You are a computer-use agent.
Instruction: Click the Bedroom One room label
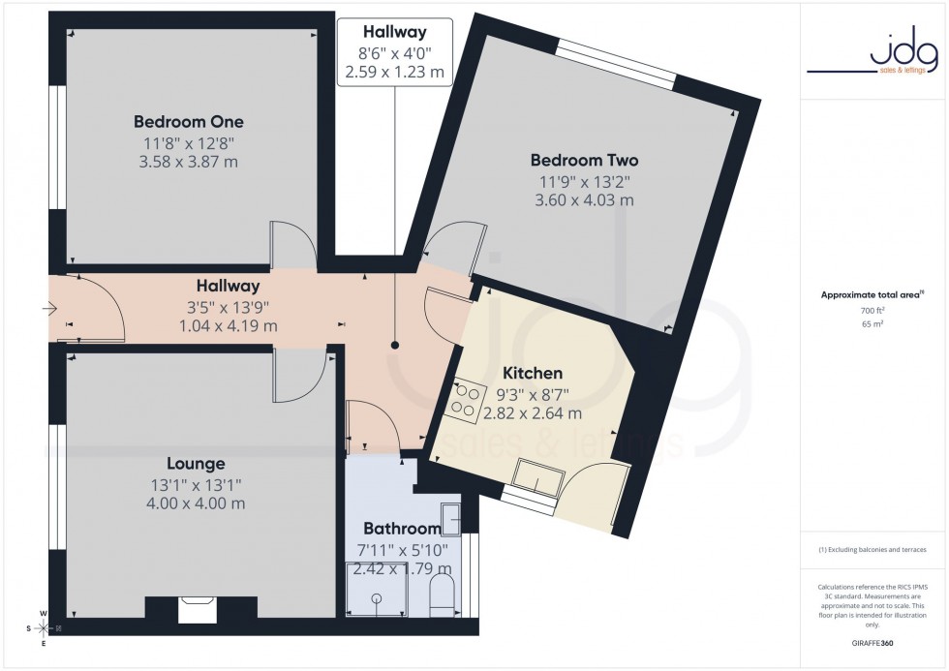pyautogui.click(x=189, y=122)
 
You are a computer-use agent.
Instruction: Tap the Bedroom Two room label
pyautogui.click(x=584, y=160)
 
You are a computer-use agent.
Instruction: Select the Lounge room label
pyautogui.click(x=195, y=464)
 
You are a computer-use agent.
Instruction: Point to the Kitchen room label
pyautogui.click(x=532, y=373)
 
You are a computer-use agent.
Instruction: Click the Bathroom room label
pyautogui.click(x=401, y=529)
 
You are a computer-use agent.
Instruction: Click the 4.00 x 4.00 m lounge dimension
pyautogui.click(x=195, y=503)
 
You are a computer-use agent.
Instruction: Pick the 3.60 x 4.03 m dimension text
pyautogui.click(x=584, y=200)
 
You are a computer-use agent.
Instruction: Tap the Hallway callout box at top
pyautogui.click(x=394, y=52)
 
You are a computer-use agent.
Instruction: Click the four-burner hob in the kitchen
pyautogui.click(x=465, y=403)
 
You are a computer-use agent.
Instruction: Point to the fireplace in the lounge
pyautogui.click(x=200, y=610)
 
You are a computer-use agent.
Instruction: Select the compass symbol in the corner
pyautogui.click(x=44, y=628)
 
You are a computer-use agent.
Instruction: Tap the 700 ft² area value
pyautogui.click(x=872, y=310)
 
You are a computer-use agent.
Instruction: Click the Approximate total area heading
pyautogui.click(x=871, y=294)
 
